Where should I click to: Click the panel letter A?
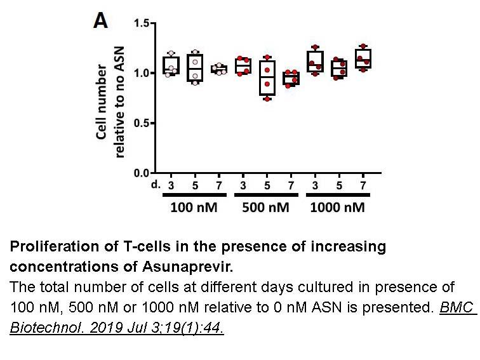(100, 21)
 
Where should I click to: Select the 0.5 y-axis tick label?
(141, 123)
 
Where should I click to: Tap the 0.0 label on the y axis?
(141, 173)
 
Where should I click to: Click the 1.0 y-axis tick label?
(141, 73)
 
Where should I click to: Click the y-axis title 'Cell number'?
(102, 102)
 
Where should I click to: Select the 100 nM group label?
(194, 208)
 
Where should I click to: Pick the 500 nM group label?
(265, 208)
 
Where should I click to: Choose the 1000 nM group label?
(338, 208)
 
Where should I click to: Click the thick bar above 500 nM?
(266, 195)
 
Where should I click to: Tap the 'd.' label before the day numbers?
(156, 184)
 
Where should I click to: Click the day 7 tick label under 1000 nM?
(363, 185)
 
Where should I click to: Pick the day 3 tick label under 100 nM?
(171, 185)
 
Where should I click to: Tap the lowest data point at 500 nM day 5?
(267, 98)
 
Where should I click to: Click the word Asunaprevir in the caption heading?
(187, 267)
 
